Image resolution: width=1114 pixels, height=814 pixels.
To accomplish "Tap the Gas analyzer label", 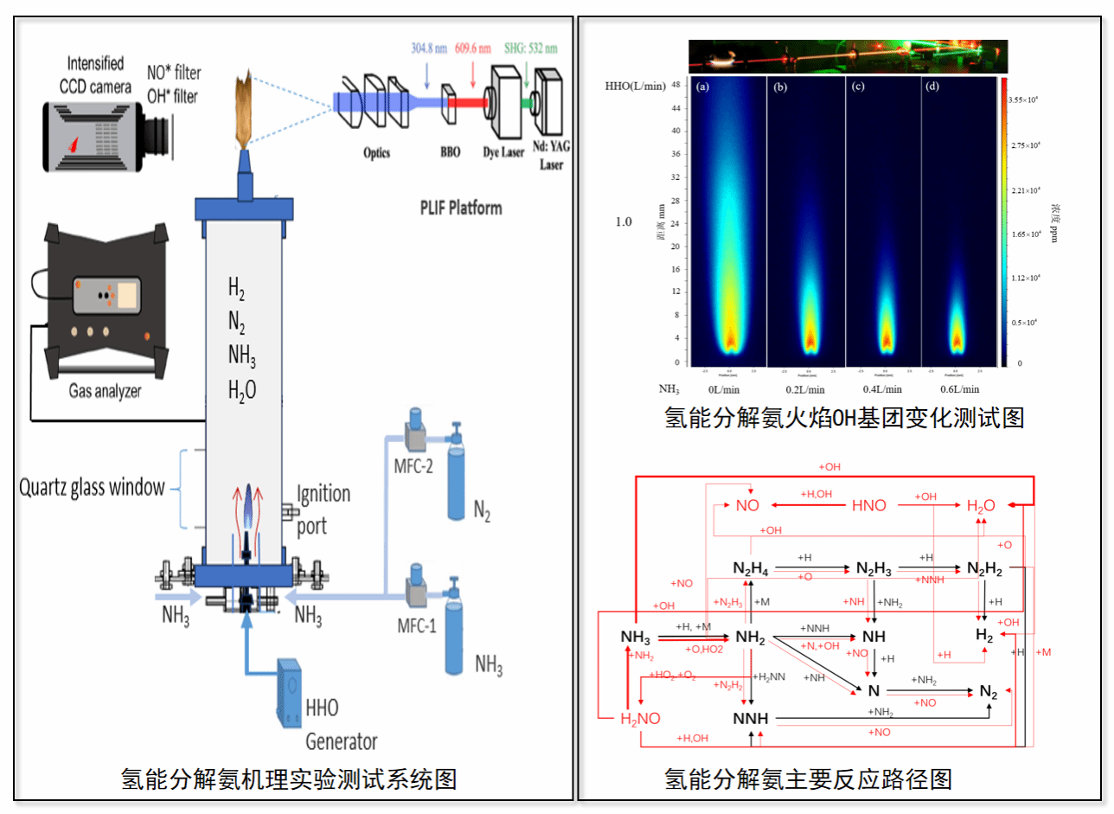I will [x=106, y=391].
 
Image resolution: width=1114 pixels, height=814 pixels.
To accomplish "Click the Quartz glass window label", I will [x=92, y=487].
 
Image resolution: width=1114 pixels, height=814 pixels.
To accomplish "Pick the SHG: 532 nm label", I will [x=533, y=49].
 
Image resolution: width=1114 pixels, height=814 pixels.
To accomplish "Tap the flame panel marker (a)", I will [x=702, y=87].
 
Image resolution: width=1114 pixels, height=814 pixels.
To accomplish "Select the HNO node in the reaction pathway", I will [x=868, y=505].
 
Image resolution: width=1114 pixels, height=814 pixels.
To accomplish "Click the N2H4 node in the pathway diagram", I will [x=749, y=567].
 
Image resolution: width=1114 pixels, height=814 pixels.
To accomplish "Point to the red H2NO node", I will [x=640, y=718].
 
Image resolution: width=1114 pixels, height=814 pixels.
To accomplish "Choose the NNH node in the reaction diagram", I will [x=751, y=718].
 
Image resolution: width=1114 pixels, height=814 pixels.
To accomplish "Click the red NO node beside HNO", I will [x=747, y=505].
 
